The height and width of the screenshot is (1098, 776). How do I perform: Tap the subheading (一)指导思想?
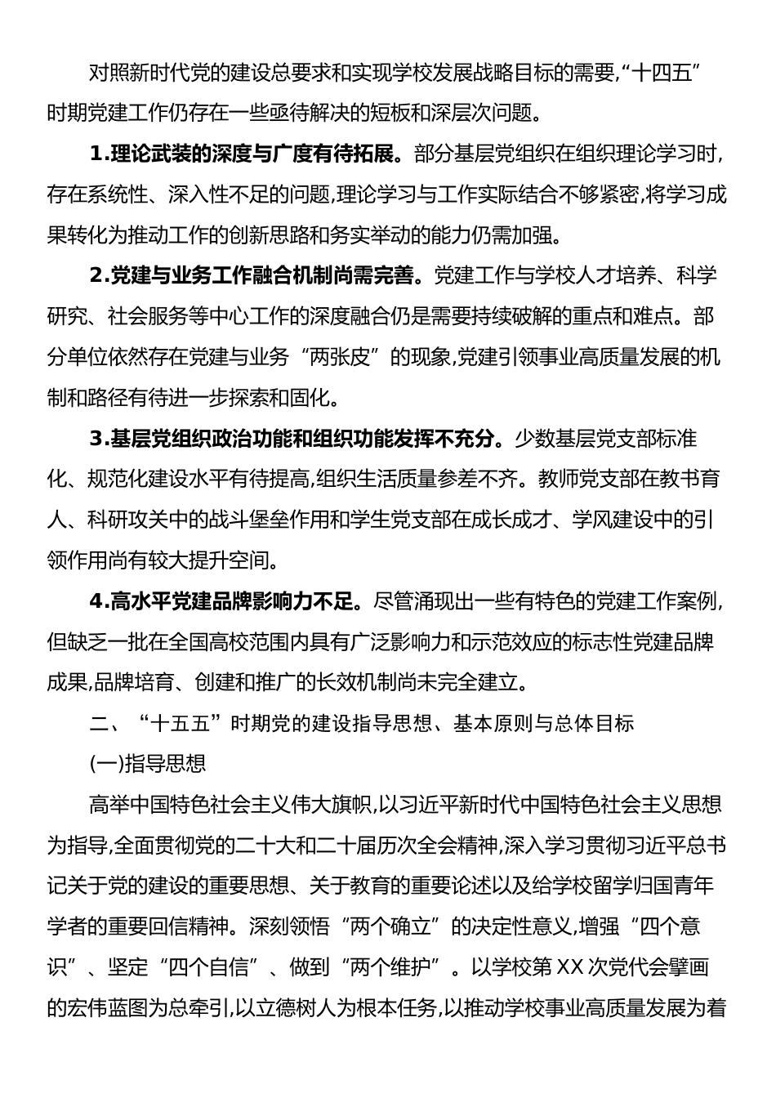tap(147, 765)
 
